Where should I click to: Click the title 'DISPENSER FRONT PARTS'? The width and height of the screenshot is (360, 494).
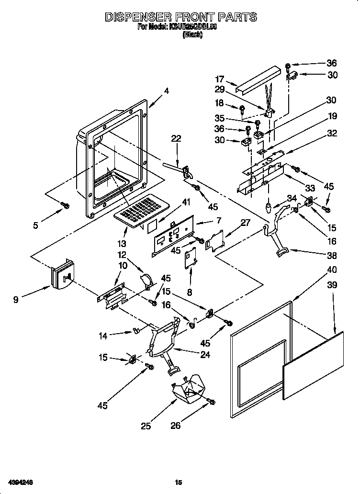point(180,17)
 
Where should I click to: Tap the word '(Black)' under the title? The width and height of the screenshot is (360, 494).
point(192,35)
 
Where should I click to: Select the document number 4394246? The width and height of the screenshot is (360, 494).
point(20,481)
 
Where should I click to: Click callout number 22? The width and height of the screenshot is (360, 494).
point(176,138)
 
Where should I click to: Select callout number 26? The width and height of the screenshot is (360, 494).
point(176,425)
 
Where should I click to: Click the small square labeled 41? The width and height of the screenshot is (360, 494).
point(152,225)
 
